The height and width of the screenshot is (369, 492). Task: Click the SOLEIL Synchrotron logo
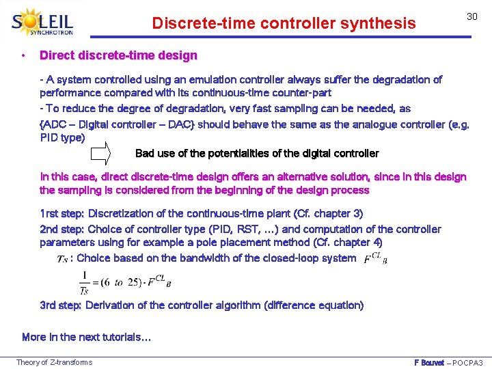point(43,22)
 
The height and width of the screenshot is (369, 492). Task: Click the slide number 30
point(471,16)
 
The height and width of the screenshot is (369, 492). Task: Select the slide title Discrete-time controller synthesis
point(284,24)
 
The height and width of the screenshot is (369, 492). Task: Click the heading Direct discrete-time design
point(118,55)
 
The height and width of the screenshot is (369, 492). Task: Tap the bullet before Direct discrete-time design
point(24,55)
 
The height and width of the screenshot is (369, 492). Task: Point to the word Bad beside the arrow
point(146,154)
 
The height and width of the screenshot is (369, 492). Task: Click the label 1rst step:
point(62,214)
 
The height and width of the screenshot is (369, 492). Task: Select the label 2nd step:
point(62,230)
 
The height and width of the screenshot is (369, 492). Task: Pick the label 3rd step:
point(61,305)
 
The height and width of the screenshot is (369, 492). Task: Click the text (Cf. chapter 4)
point(348,243)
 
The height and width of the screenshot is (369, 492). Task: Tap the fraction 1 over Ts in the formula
point(84,282)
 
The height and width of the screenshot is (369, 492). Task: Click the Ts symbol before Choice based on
point(62,259)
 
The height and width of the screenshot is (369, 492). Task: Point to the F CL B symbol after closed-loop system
point(375,258)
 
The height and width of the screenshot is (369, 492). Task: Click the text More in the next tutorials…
point(87,337)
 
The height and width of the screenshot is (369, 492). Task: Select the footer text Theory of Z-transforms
point(54,362)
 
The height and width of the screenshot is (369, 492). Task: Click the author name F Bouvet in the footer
point(429,362)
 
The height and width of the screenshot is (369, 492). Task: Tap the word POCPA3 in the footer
point(468,362)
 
